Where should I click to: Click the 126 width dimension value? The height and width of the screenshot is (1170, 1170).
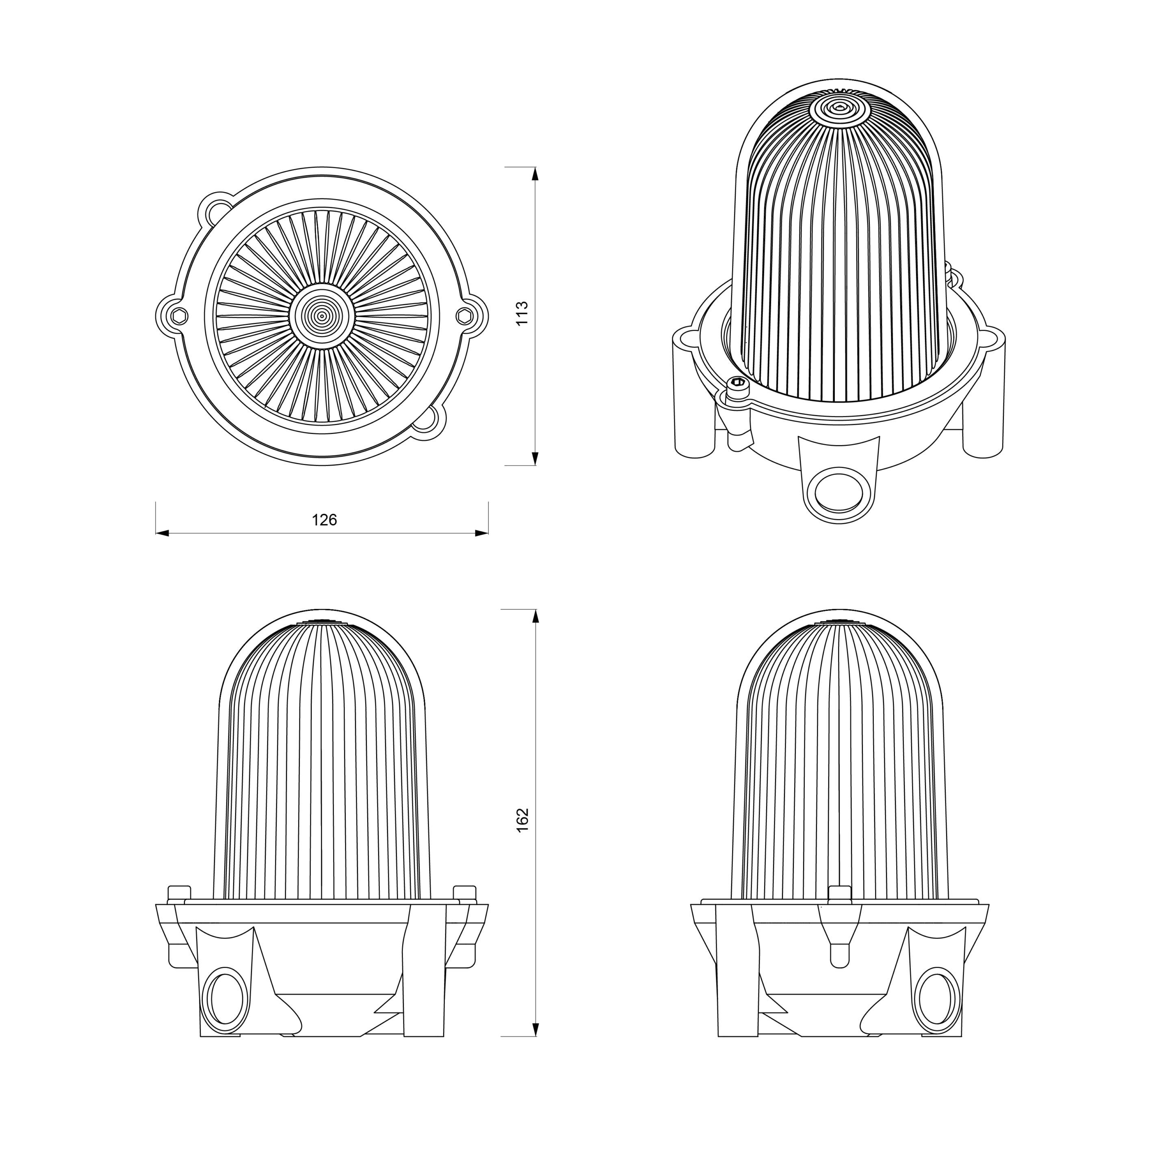tap(324, 520)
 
